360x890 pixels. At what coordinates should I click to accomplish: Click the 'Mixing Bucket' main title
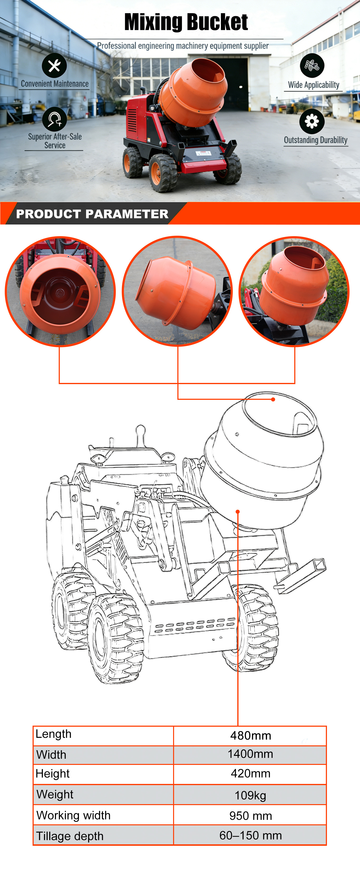click(x=186, y=22)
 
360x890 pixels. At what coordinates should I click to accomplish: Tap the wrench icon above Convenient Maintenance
click(x=54, y=65)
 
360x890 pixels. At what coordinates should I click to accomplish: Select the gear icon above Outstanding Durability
click(x=312, y=121)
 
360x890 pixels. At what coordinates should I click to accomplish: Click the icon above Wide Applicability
click(x=312, y=65)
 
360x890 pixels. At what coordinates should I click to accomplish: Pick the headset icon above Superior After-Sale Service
click(x=54, y=119)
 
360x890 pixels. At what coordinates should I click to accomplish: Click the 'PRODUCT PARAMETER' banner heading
click(x=92, y=214)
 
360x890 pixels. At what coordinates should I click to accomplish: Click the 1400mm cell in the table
click(x=250, y=754)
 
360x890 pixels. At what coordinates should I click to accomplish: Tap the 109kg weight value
click(x=250, y=795)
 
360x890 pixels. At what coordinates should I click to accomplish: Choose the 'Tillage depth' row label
click(x=70, y=836)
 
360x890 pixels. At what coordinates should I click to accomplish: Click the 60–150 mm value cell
click(x=250, y=835)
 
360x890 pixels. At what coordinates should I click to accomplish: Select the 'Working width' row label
click(x=73, y=815)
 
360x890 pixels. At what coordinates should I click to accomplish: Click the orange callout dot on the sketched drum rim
click(x=273, y=399)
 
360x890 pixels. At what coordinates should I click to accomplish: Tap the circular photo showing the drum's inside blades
click(x=60, y=291)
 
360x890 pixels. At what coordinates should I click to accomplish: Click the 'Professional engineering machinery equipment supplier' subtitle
click(x=183, y=46)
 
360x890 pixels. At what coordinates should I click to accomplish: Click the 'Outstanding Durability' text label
click(x=316, y=140)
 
